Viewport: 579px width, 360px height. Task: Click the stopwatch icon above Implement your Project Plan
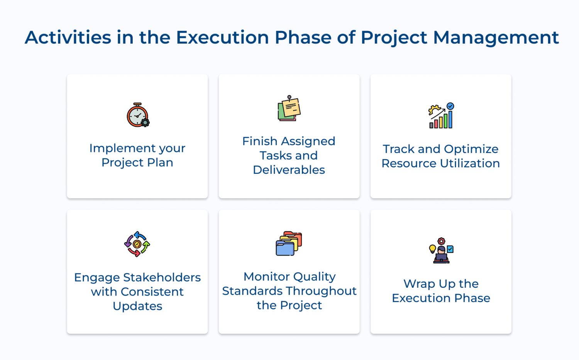tap(138, 115)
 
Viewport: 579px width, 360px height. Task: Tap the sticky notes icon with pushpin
tap(289, 108)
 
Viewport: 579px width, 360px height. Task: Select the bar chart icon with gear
tap(441, 115)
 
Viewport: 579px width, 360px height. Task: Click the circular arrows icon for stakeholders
tap(137, 244)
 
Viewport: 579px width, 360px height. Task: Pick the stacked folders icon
tap(289, 243)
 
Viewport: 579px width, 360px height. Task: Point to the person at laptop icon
tap(441, 250)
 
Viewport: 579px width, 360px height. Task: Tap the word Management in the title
tap(496, 38)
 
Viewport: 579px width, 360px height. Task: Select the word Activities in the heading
tap(68, 37)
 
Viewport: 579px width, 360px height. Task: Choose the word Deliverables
tap(289, 170)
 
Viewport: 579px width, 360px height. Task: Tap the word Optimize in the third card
tap(471, 149)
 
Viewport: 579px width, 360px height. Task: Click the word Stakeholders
tap(162, 277)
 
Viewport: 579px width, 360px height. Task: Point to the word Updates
tap(137, 306)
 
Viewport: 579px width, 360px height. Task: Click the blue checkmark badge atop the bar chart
tap(450, 106)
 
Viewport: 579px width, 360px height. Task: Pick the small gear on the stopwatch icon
tap(145, 122)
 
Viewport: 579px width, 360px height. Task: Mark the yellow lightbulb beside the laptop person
tap(432, 249)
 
